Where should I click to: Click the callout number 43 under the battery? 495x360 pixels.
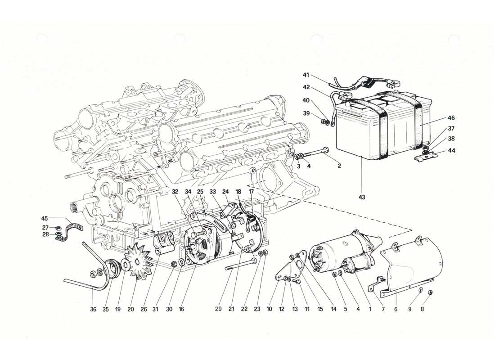[x=362, y=197]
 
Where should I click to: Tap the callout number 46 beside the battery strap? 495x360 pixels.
[x=451, y=118]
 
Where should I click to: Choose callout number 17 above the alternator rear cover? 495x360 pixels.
[x=251, y=191]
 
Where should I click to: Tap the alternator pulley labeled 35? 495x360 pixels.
[x=110, y=266]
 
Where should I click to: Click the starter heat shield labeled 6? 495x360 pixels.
[x=409, y=265]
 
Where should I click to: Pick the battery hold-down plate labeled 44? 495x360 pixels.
[x=426, y=157]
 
